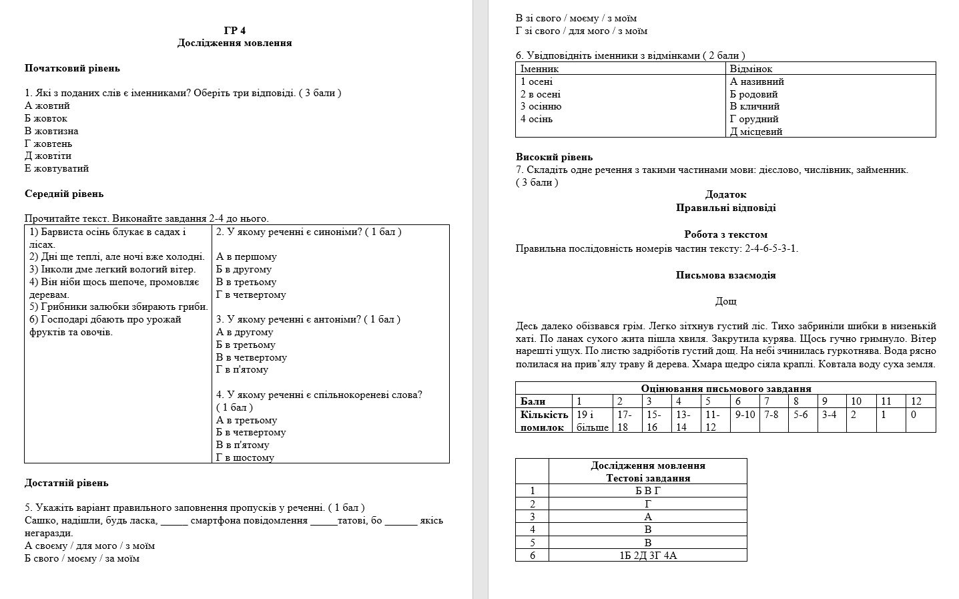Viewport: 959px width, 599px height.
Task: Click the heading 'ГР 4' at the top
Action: point(234,30)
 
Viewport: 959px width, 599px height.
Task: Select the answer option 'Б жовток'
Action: point(46,118)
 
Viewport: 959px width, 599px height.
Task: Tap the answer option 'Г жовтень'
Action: point(48,144)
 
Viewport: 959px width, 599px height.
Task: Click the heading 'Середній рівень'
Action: point(64,194)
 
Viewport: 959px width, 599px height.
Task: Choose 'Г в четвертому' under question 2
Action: point(251,294)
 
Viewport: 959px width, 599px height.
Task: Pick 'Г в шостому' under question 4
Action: point(245,457)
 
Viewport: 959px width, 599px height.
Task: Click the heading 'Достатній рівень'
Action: point(66,483)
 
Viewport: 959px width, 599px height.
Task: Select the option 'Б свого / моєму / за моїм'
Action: point(82,558)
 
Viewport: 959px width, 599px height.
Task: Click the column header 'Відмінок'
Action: point(751,69)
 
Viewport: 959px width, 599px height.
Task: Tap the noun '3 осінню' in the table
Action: point(541,106)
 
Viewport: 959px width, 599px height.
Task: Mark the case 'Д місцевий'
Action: point(755,132)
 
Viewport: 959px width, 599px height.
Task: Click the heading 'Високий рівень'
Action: point(554,157)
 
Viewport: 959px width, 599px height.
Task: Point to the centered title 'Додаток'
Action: point(725,194)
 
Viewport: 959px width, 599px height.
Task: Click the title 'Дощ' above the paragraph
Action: point(725,301)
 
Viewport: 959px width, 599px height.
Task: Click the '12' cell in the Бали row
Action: point(916,401)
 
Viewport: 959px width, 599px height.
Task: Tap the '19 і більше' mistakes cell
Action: point(592,421)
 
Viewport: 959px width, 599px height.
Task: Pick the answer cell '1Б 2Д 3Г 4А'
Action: point(647,555)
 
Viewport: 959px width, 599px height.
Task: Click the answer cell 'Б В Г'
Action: point(647,491)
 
